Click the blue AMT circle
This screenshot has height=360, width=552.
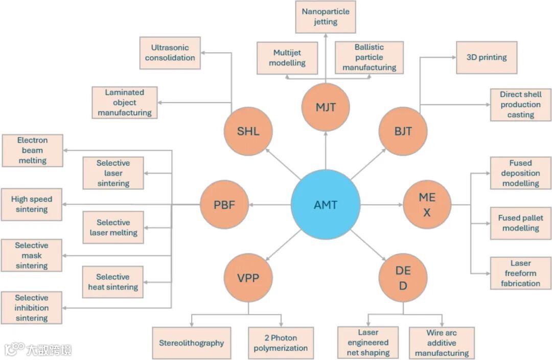(x=326, y=205)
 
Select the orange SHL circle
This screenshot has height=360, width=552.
(x=248, y=131)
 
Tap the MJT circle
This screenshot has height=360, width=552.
(x=326, y=107)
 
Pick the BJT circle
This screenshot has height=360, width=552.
(x=403, y=131)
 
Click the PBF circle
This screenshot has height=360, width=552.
(x=224, y=205)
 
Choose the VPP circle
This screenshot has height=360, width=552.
(x=248, y=278)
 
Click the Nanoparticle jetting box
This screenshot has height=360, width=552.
(x=326, y=17)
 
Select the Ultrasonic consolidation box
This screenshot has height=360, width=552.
(x=170, y=53)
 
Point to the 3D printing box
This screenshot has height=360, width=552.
(x=486, y=57)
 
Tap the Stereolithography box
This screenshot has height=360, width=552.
(x=191, y=343)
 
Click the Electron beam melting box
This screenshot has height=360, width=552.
(x=32, y=150)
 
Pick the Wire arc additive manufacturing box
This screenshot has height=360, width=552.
(x=441, y=343)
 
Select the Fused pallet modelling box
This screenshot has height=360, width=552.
(x=520, y=223)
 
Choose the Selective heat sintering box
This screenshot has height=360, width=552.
(x=113, y=282)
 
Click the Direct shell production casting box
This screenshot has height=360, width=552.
(x=520, y=105)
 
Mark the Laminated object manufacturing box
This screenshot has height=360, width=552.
(x=124, y=102)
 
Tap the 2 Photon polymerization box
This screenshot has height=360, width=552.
(x=281, y=343)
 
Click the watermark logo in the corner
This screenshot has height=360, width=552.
(x=38, y=349)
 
